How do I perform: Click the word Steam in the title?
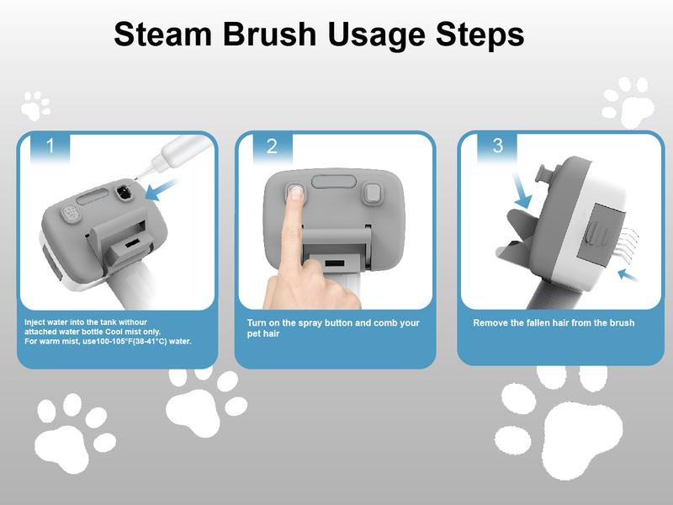pos(162,34)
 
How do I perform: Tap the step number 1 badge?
pos(50,146)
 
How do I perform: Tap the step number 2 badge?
pos(272,146)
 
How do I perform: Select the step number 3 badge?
pos(497,146)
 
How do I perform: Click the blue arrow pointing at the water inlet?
pos(160,190)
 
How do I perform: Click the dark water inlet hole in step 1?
pos(125,191)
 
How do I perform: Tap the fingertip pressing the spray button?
pos(295,192)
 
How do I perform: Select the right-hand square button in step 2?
pos(373,194)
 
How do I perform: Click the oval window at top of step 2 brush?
pos(334,182)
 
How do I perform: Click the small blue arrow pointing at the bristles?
pos(628,275)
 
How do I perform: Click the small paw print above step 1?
pos(35,106)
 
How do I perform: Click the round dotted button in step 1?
pos(71,214)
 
